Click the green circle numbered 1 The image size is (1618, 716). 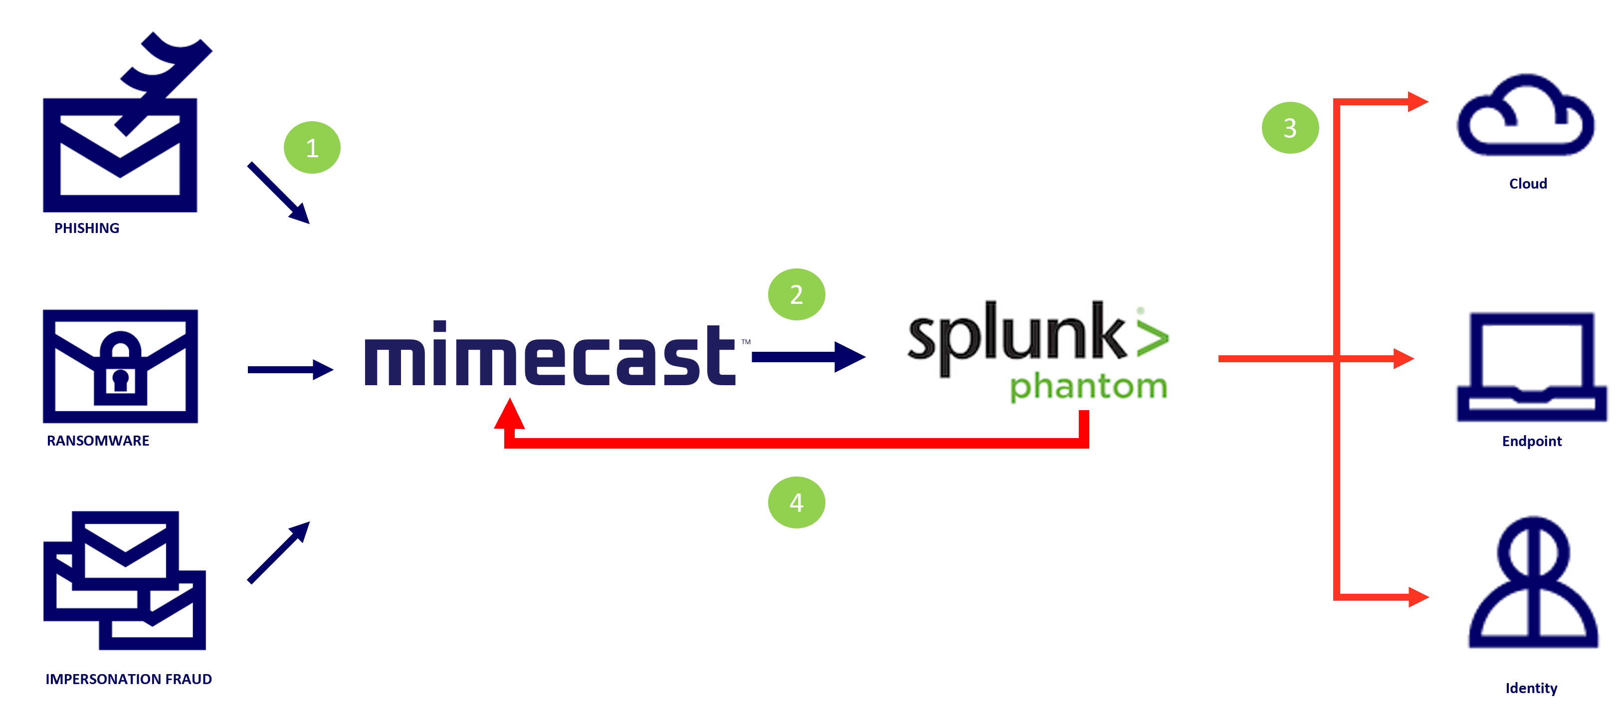click(x=312, y=148)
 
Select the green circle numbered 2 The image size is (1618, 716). click(x=797, y=294)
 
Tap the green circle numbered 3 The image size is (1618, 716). click(x=1290, y=128)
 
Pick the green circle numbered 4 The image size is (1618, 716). click(x=797, y=502)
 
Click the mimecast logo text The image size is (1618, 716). click(x=550, y=355)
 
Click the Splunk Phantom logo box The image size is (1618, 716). click(x=1037, y=352)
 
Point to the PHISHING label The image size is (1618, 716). click(x=87, y=229)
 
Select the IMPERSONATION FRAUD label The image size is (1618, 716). click(x=129, y=680)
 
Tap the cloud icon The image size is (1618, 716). click(x=1526, y=119)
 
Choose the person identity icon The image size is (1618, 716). click(x=1533, y=584)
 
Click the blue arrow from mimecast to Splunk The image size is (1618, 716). click(x=807, y=357)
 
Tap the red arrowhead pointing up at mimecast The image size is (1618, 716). click(x=509, y=415)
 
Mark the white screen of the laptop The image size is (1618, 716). click(x=1530, y=352)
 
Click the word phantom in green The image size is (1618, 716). click(x=1088, y=386)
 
